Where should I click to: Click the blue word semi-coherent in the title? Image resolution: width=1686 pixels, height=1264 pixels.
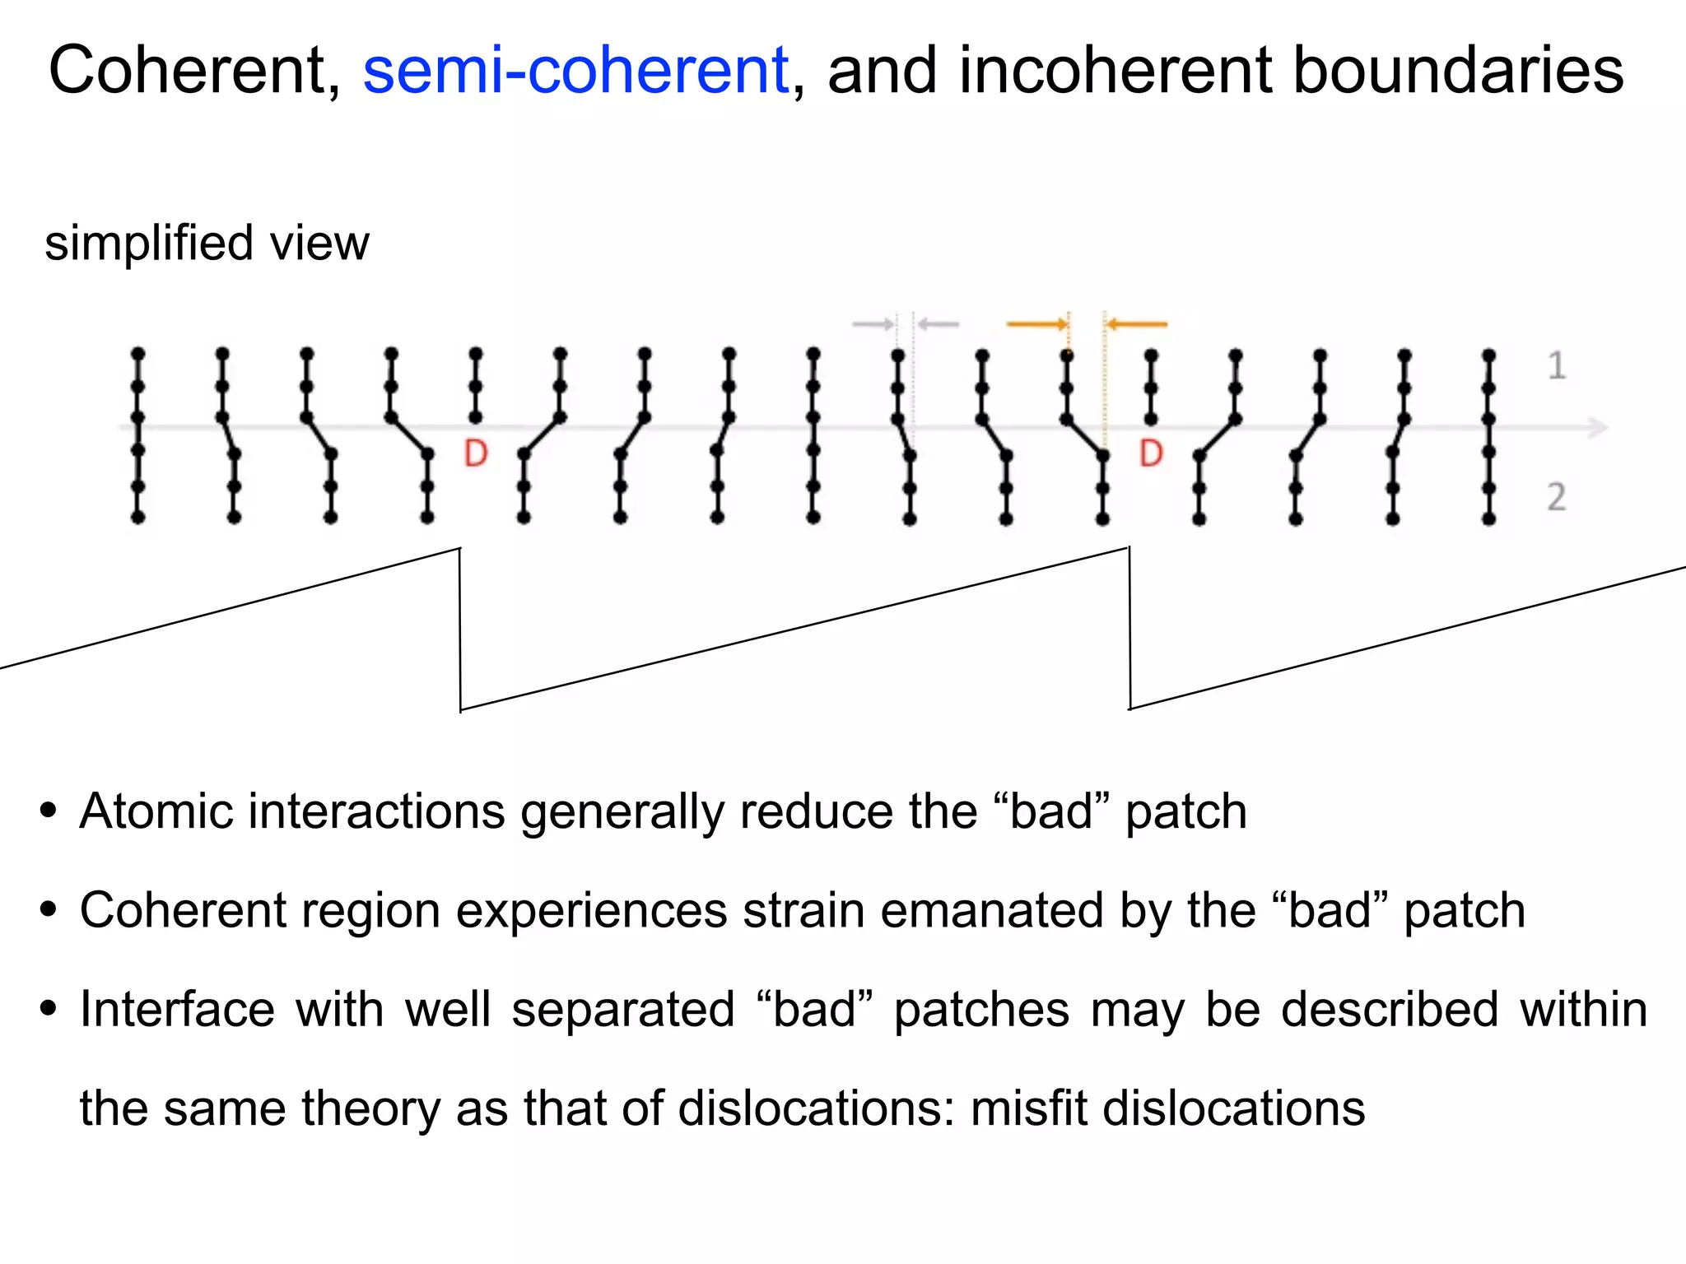pyautogui.click(x=575, y=72)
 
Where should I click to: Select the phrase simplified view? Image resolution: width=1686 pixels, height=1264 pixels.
pyautogui.click(x=207, y=244)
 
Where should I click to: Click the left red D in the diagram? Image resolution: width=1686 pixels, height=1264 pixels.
pyautogui.click(x=476, y=453)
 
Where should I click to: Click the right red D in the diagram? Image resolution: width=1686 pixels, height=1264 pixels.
pyautogui.click(x=1151, y=453)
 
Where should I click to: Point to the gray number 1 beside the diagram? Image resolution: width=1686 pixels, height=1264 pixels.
pyautogui.click(x=1556, y=366)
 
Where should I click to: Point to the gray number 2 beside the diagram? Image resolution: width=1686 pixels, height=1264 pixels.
pyautogui.click(x=1556, y=497)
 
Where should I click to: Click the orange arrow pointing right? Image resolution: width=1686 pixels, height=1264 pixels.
pyautogui.click(x=1036, y=324)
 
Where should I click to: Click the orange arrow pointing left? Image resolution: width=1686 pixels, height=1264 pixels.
pyautogui.click(x=1137, y=324)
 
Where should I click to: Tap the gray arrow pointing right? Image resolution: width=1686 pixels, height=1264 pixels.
pyautogui.click(x=873, y=324)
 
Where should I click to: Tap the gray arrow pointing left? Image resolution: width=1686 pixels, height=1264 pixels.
pyautogui.click(x=938, y=324)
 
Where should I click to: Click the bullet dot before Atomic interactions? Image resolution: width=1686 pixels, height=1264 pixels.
pyautogui.click(x=49, y=811)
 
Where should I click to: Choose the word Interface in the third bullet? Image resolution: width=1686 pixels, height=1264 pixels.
pyautogui.click(x=177, y=1010)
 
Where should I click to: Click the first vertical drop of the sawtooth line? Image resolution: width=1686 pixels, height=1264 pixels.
pyautogui.click(x=460, y=630)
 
